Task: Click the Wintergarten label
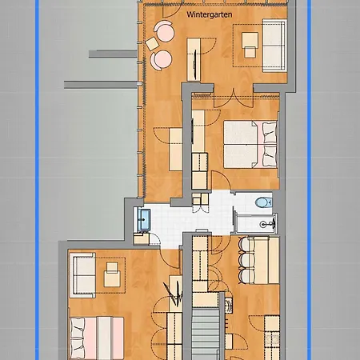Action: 209,14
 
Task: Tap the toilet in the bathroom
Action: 263,202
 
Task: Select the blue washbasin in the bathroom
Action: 144,220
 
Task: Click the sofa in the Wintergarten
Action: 274,46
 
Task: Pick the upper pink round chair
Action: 165,31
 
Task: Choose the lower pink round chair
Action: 161,60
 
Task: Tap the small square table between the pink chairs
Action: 152,44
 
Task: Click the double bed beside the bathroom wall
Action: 250,145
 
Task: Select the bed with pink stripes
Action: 97,338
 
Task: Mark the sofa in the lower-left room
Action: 82,275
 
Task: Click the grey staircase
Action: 206,334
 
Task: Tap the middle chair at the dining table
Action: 246,260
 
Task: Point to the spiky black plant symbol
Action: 174,294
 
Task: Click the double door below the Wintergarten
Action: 234,98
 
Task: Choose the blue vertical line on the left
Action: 37,180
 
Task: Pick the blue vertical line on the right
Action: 309,180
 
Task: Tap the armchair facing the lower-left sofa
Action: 112,274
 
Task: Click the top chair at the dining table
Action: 246,244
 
